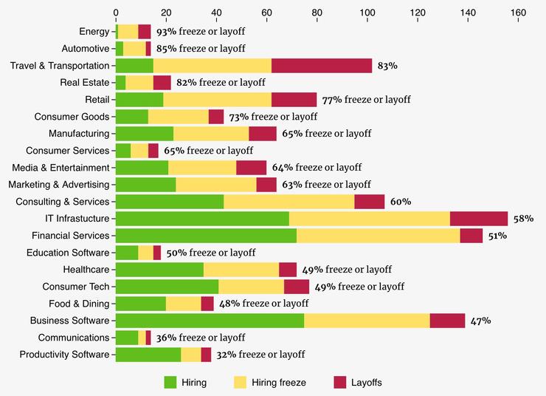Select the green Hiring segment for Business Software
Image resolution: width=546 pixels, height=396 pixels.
pos(210,321)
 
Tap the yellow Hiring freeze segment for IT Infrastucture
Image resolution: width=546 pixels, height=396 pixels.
pos(369,219)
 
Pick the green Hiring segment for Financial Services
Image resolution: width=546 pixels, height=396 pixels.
pos(206,236)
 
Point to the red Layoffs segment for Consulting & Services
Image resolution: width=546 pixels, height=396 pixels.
pos(369,202)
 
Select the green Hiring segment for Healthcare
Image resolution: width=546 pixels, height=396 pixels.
pos(159,270)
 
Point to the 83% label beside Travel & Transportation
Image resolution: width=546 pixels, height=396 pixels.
pos(387,66)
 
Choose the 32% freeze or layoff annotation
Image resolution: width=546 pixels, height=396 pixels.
pos(260,355)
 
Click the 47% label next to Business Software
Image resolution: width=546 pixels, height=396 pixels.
pos(480,321)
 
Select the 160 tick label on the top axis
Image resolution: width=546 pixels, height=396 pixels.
pos(517,13)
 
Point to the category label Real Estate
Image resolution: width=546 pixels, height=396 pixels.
pos(85,83)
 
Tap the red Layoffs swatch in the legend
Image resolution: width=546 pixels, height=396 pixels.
pos(339,382)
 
